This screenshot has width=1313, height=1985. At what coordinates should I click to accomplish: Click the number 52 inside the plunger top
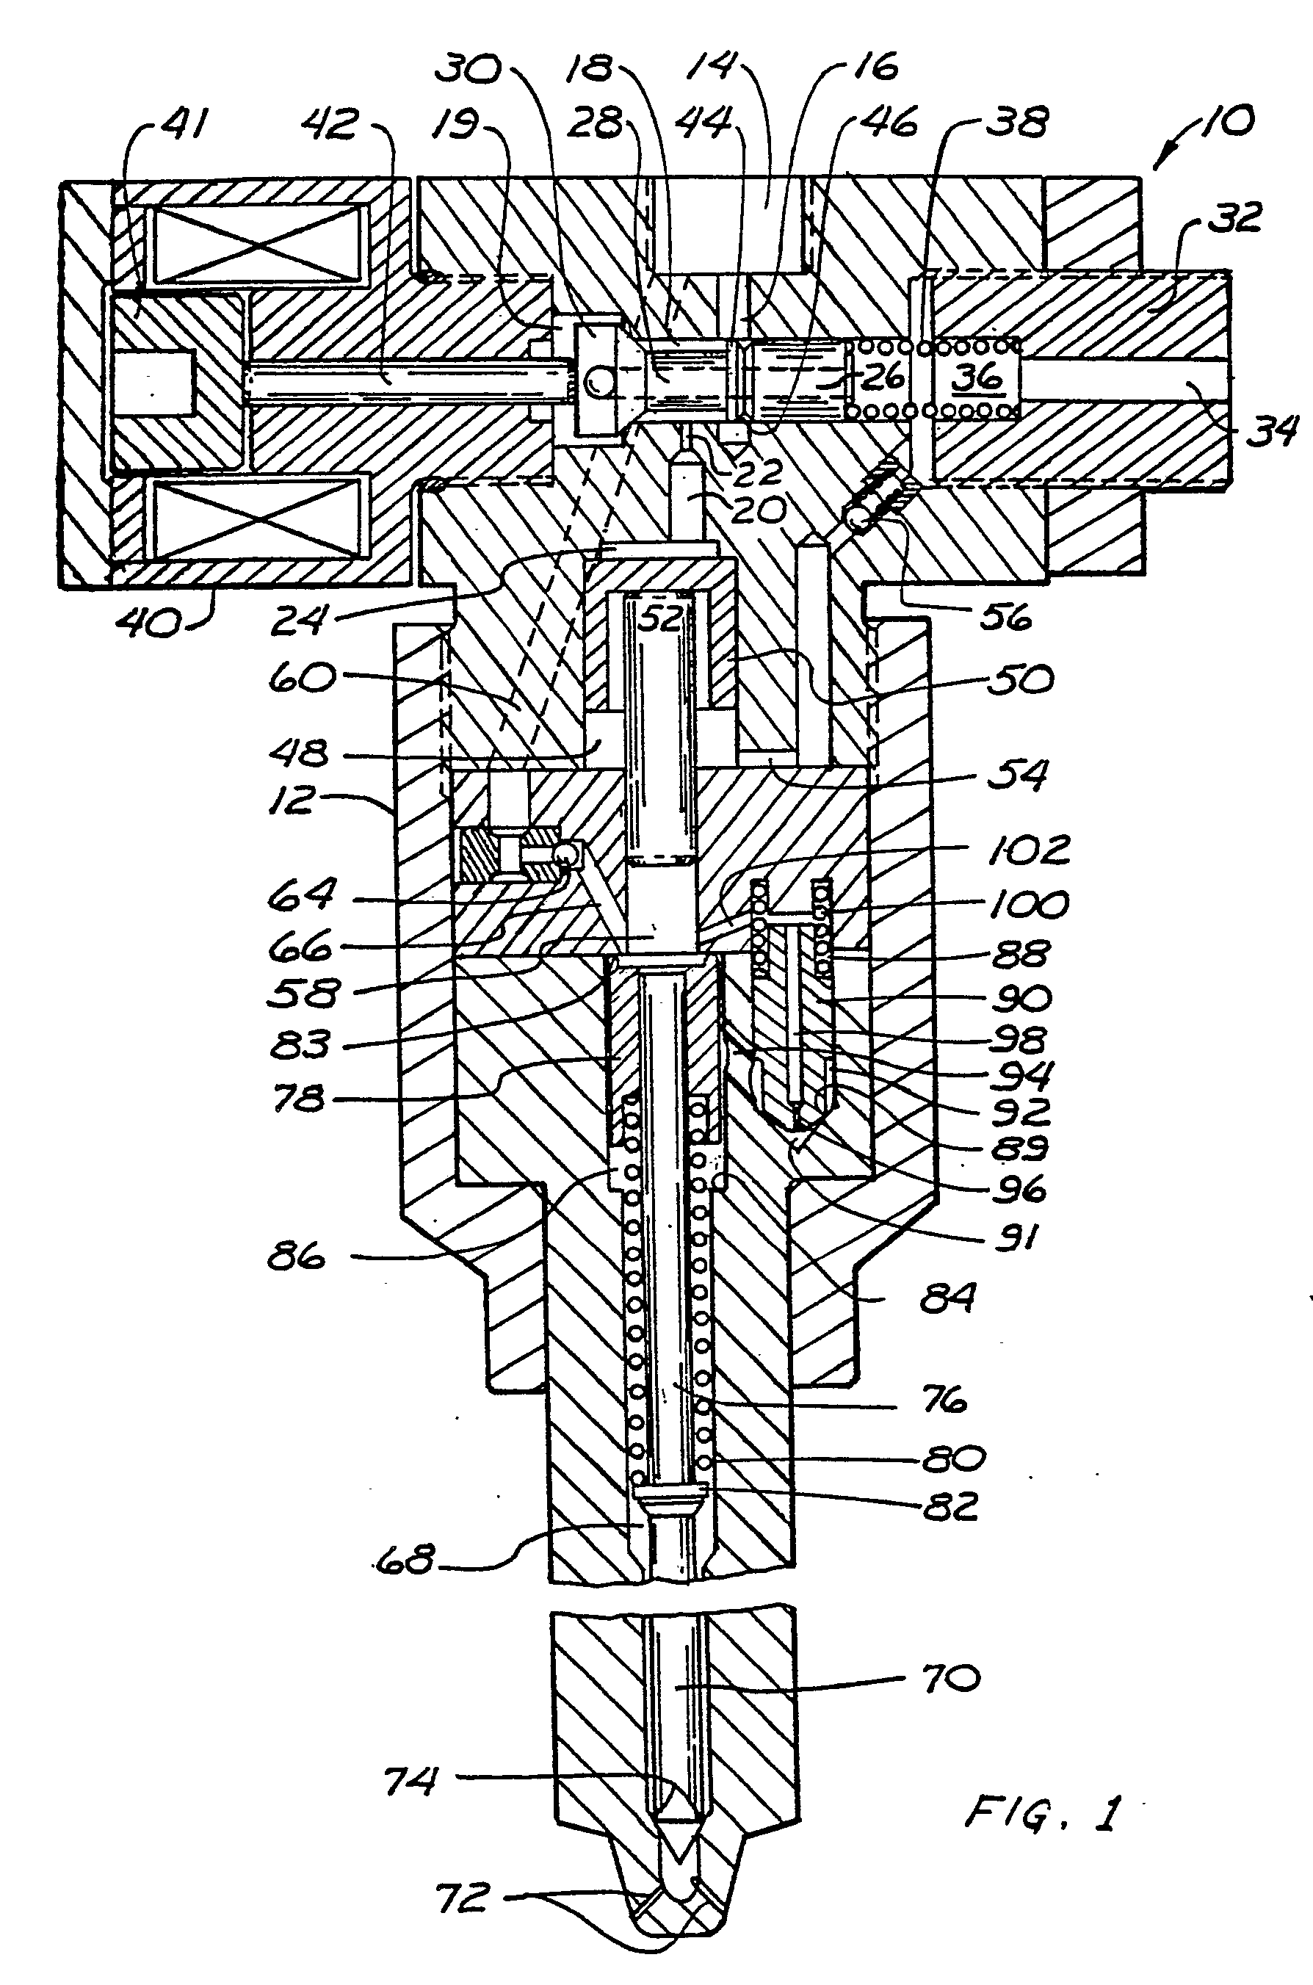point(662,618)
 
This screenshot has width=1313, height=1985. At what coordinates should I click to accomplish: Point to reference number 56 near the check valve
point(1005,617)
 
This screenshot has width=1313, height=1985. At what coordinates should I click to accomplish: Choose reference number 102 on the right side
point(1028,850)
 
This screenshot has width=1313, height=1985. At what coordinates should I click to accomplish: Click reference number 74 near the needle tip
point(410,1781)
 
